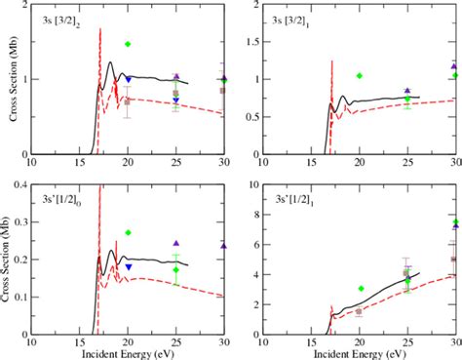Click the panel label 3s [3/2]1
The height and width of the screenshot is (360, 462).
tap(291, 20)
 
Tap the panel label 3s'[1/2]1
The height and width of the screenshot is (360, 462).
tap(291, 200)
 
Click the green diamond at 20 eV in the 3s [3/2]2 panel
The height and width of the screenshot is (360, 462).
tap(128, 44)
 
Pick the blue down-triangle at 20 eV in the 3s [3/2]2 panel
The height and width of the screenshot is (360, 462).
tap(128, 80)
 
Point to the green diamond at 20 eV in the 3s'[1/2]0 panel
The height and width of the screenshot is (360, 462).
tap(128, 233)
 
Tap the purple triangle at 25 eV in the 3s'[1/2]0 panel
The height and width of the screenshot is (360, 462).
tap(176, 243)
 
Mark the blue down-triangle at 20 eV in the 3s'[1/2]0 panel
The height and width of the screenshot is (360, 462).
tap(128, 266)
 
